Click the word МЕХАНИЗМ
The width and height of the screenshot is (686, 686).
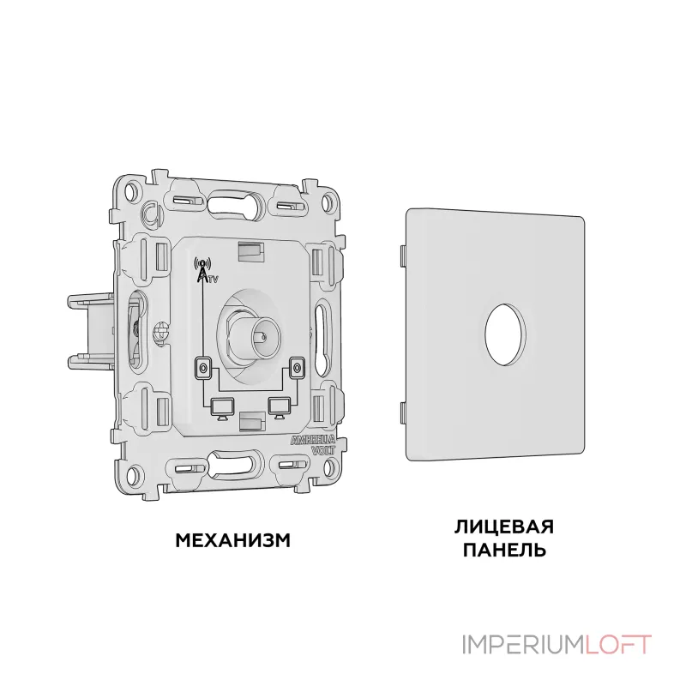click(232, 541)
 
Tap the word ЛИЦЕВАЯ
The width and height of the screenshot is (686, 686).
click(504, 527)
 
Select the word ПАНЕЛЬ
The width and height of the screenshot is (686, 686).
click(504, 549)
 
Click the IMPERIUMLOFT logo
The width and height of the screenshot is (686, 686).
click(557, 645)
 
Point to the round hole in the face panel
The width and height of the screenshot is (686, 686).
click(505, 334)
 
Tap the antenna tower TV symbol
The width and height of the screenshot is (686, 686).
click(205, 271)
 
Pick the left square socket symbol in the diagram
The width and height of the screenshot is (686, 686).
click(202, 369)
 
